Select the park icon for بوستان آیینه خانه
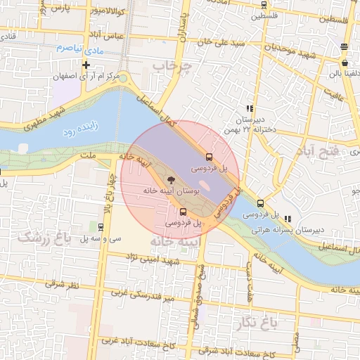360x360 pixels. click(x=173, y=181)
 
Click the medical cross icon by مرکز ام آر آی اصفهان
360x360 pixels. click(x=86, y=65)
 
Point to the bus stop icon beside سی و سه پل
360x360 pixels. click(x=101, y=227)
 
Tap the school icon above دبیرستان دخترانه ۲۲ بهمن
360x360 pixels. click(x=249, y=108)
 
